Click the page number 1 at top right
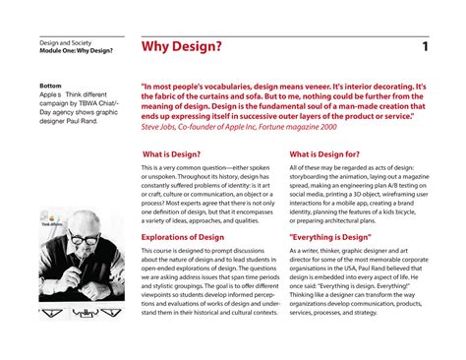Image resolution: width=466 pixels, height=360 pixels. pos(425,47)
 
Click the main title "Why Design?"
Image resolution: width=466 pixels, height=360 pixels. pos(182,47)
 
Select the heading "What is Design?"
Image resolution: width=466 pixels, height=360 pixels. pos(172,154)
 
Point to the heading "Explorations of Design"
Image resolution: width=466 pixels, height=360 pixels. pos(188,237)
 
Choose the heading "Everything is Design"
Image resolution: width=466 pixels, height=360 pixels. pos(330,237)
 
